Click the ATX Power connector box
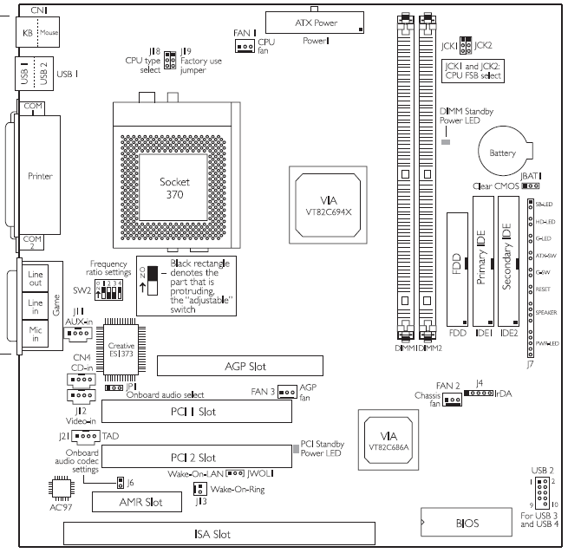[315, 23]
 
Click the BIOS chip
[466, 524]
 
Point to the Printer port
[34, 176]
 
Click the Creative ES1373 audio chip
[127, 350]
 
